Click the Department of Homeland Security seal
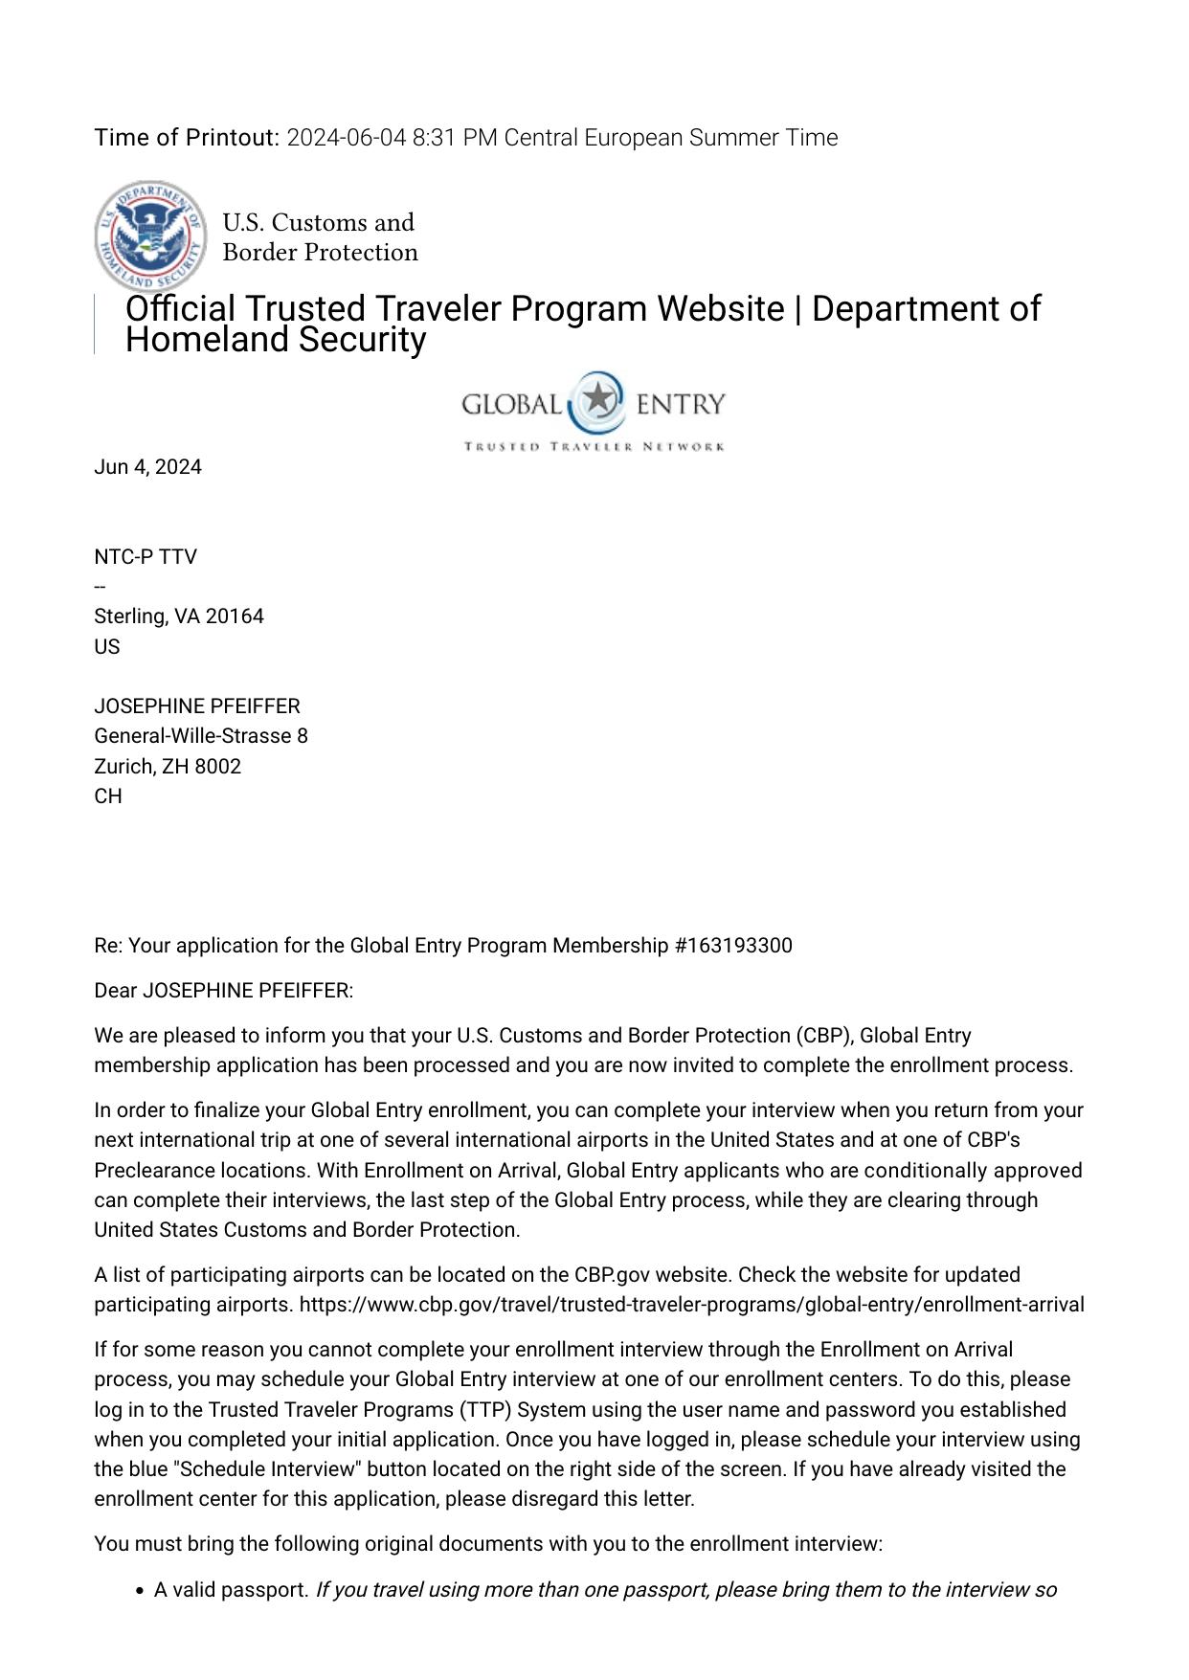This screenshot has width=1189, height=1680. coord(150,235)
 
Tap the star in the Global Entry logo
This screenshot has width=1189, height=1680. coord(598,399)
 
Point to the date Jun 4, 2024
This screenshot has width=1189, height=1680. coord(147,467)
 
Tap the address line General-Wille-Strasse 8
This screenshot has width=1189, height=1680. coord(201,736)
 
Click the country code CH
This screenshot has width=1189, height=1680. coord(108,796)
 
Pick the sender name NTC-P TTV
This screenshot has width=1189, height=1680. coord(146,557)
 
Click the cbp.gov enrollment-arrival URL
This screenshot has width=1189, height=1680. coord(691,1305)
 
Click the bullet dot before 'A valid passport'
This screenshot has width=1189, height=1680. coord(140,1591)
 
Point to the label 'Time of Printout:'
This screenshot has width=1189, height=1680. coord(187,138)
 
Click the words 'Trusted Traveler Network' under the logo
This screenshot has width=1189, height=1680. coord(594,447)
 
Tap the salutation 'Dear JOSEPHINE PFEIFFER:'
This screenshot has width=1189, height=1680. coord(223,991)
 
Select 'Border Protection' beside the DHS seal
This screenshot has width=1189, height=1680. coord(320,253)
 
